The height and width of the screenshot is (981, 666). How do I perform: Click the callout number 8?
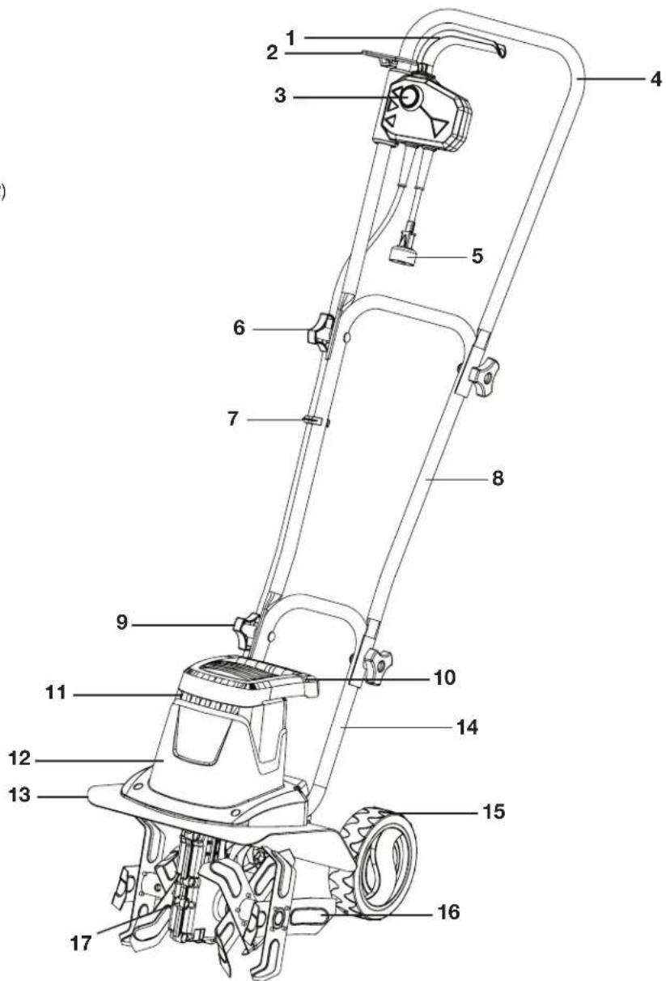pyautogui.click(x=498, y=479)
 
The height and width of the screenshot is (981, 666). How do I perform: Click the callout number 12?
pyautogui.click(x=19, y=761)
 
